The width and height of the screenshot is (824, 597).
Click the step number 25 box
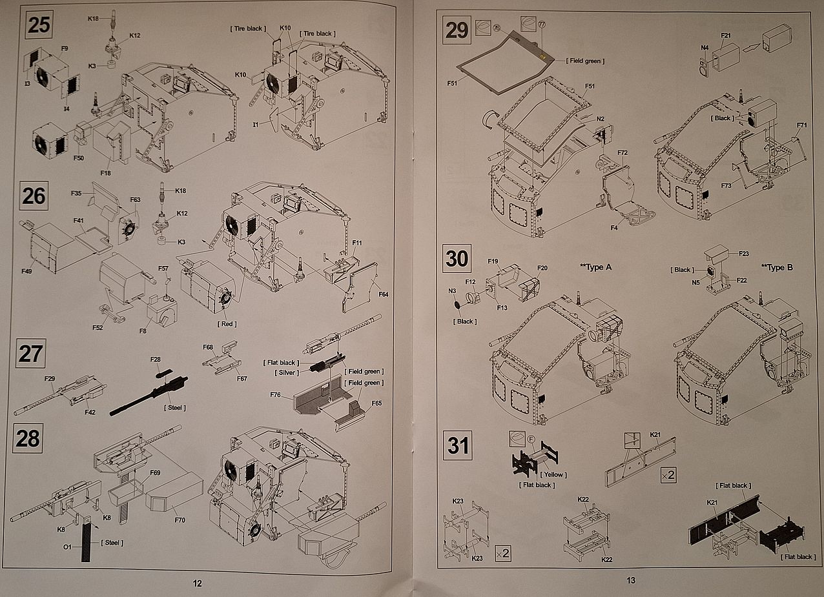(x=39, y=26)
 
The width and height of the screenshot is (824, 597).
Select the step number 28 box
(x=28, y=438)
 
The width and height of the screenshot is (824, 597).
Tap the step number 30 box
(x=457, y=259)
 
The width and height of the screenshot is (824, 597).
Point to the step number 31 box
(x=457, y=446)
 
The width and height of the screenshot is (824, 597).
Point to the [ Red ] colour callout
(x=227, y=323)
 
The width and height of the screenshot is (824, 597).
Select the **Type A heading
(x=592, y=267)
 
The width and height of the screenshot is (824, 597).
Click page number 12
(x=197, y=583)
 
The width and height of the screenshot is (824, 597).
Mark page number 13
(x=631, y=580)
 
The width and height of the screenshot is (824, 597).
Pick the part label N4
(x=704, y=47)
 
